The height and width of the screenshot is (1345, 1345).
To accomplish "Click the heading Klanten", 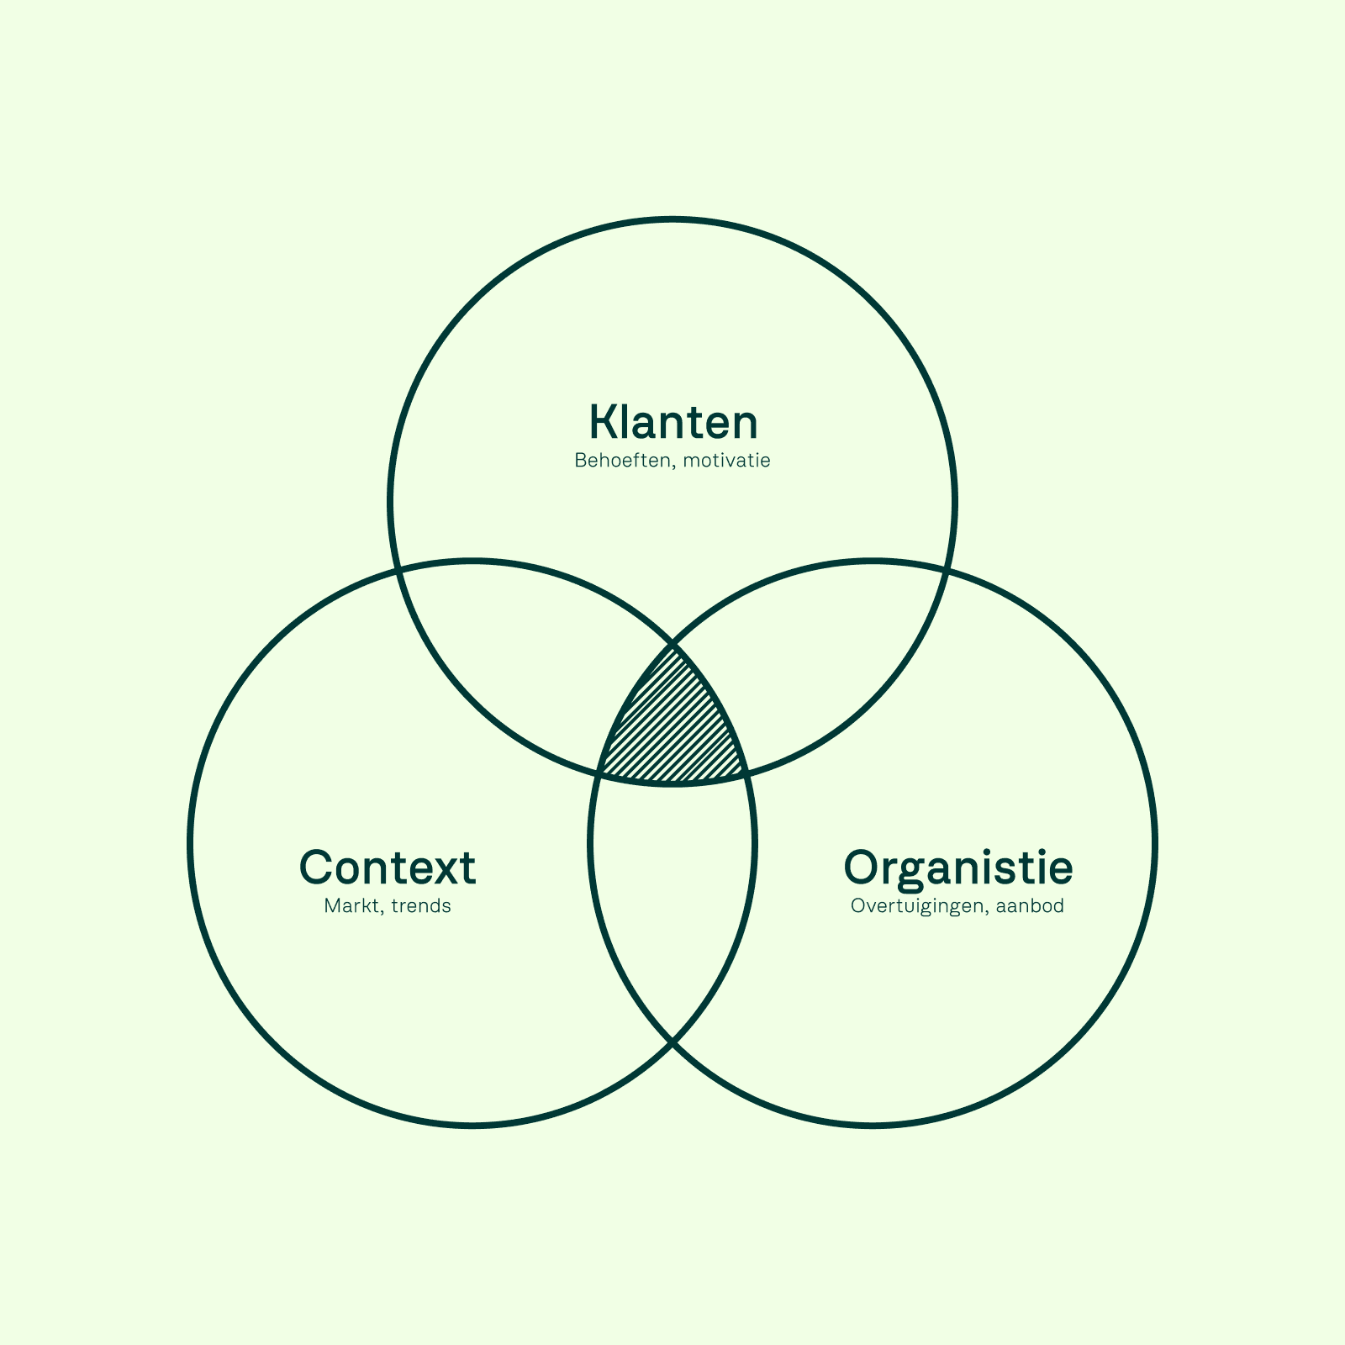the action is (x=672, y=422).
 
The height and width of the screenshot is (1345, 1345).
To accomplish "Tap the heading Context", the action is (x=388, y=868).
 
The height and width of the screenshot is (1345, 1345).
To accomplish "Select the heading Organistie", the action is (x=957, y=868).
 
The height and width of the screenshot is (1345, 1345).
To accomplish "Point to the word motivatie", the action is (x=727, y=461).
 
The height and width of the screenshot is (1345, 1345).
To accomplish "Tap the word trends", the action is (x=421, y=906).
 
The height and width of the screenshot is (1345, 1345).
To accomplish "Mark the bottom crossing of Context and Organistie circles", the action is (x=672, y=1043).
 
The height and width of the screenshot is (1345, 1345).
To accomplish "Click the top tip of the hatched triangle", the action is (x=672, y=645).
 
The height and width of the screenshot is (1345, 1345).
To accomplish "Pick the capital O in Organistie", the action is (x=866, y=868).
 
